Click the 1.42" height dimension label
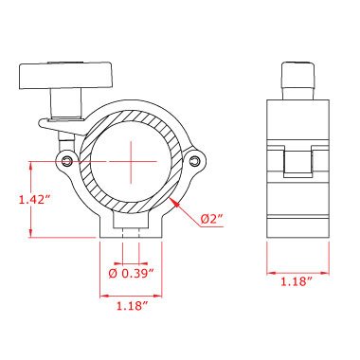click(35, 200)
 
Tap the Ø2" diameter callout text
click(212, 219)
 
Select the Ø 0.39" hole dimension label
click(131, 274)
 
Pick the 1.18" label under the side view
click(297, 281)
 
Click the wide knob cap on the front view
click(65, 75)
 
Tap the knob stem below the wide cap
click(66, 104)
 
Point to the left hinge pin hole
click(66, 161)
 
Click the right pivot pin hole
click(195, 161)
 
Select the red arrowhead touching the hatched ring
click(174, 202)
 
